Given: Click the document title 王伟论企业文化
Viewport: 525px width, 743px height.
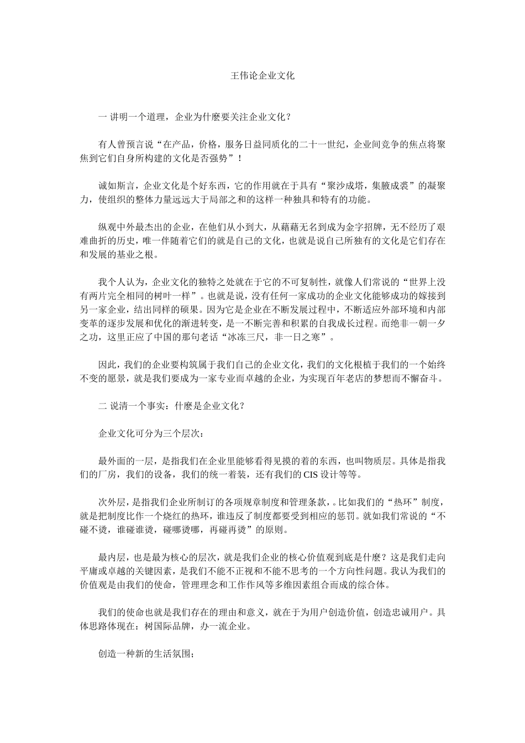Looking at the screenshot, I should [x=262, y=76].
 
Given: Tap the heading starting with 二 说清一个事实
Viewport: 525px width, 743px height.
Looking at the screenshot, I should [x=171, y=405].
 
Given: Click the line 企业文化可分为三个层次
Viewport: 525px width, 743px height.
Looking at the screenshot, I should [x=151, y=433].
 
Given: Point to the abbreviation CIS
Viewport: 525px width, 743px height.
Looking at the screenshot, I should [x=309, y=474].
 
